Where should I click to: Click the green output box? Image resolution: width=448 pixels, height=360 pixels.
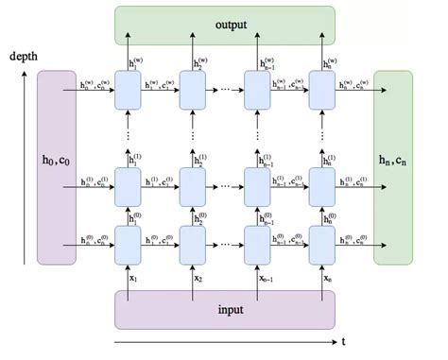pyautogui.click(x=224, y=26)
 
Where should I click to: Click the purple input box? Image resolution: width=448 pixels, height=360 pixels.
pyautogui.click(x=224, y=309)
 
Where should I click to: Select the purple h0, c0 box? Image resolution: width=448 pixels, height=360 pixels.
pyautogui.click(x=57, y=168)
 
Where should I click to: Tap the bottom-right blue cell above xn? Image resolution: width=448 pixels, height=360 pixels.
pyautogui.click(x=321, y=244)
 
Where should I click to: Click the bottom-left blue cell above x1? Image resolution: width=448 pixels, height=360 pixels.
pyautogui.click(x=128, y=244)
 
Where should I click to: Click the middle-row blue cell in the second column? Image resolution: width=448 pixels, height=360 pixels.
pyautogui.click(x=193, y=185)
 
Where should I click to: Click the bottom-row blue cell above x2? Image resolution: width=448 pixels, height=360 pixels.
pyautogui.click(x=193, y=244)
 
